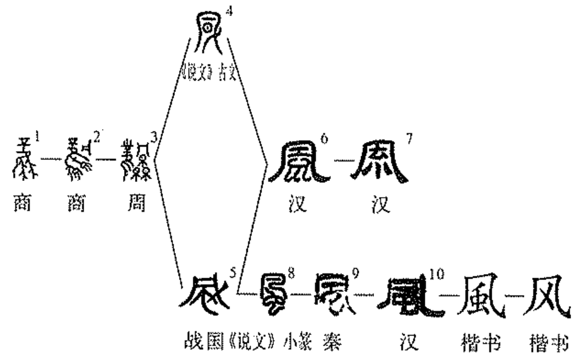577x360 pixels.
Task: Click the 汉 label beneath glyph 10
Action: (x=408, y=344)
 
